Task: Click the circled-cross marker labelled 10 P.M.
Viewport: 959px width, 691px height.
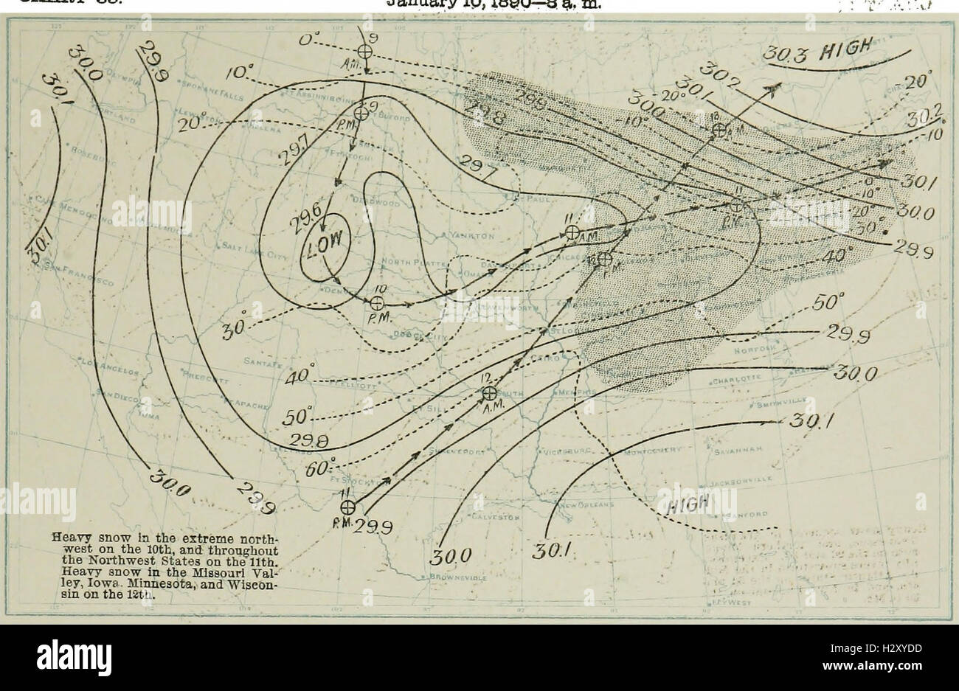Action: [376, 302]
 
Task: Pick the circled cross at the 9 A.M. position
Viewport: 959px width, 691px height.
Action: [363, 51]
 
